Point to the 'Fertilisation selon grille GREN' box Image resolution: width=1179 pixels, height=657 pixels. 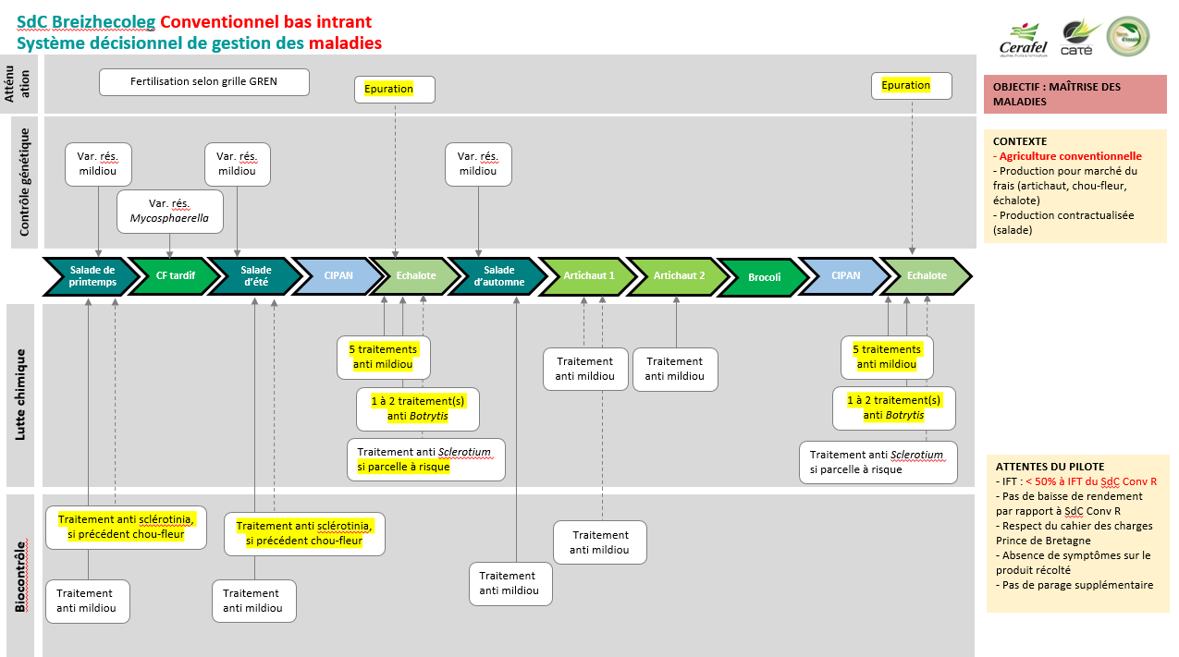click(x=204, y=81)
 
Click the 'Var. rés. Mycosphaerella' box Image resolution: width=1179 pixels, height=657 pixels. click(x=170, y=212)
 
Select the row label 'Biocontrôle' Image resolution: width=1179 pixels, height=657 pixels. click(x=20, y=575)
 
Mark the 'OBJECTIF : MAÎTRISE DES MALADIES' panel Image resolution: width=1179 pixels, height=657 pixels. click(x=1075, y=94)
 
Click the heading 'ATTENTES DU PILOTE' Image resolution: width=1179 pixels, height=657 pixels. click(x=1049, y=467)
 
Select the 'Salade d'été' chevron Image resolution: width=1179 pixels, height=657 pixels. click(x=254, y=276)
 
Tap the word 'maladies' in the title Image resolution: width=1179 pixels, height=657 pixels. click(x=345, y=43)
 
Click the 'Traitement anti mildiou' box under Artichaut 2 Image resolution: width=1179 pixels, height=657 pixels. click(x=675, y=369)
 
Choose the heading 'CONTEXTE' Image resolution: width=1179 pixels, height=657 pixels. click(x=1020, y=141)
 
